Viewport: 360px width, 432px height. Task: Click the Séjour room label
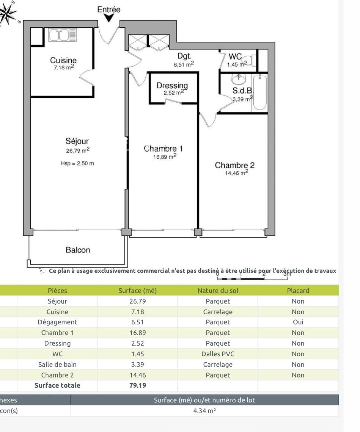[77, 141]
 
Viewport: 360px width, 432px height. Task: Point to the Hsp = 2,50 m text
[77, 164]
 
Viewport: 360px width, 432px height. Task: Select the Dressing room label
[172, 86]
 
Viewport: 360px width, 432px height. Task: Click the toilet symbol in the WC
[252, 61]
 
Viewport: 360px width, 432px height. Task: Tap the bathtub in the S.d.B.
[260, 93]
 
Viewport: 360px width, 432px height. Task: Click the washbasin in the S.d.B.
[239, 79]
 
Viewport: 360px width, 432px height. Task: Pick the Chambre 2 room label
[235, 165]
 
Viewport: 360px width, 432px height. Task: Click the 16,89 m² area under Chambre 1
[165, 157]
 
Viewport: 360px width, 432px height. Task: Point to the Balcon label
[78, 250]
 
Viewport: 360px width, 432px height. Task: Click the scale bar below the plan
[252, 279]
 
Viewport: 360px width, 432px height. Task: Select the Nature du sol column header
[217, 291]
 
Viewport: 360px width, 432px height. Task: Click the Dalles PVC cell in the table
[217, 354]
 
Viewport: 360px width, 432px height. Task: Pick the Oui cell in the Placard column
[298, 322]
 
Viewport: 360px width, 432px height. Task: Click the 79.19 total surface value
[137, 386]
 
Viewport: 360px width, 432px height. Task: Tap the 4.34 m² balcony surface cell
[204, 411]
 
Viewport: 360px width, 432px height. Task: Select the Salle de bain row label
[57, 365]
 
